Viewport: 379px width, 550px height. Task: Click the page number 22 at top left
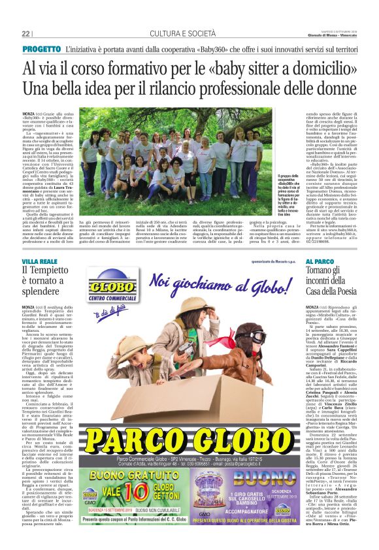[26, 33]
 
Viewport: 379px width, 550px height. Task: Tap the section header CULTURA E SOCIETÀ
[189, 33]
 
